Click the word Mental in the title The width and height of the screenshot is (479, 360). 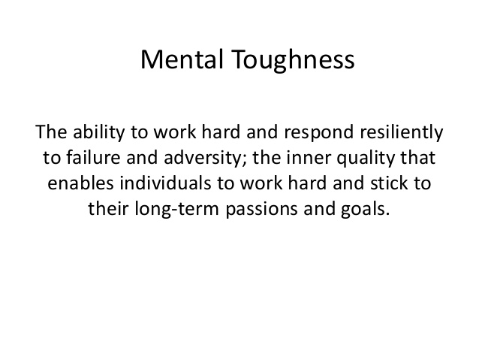coord(182,59)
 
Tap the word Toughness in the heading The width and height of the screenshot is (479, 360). coord(293,61)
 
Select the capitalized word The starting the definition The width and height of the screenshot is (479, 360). coord(51,132)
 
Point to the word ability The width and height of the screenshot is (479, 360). coord(98,133)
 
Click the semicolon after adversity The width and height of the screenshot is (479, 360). coord(244,160)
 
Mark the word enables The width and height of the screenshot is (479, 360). coord(80,183)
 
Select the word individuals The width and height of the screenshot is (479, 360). coord(165,183)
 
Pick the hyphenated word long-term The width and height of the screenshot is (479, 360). coord(177,210)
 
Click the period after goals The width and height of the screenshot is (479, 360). coord(387,214)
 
